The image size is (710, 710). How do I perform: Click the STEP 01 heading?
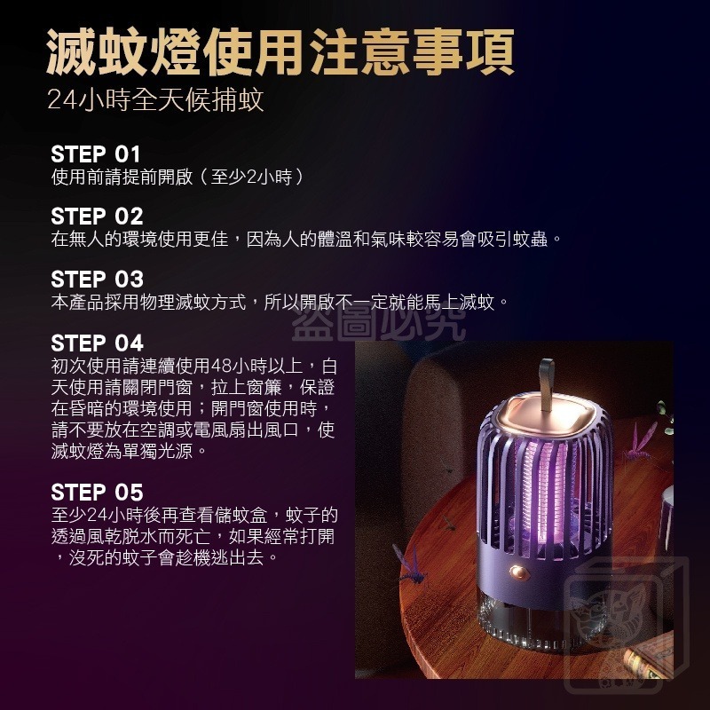[96, 153]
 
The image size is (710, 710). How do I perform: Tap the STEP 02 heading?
[97, 216]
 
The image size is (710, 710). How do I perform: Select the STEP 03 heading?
[97, 279]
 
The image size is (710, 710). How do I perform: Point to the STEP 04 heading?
[97, 343]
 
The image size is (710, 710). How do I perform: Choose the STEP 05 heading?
[97, 493]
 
